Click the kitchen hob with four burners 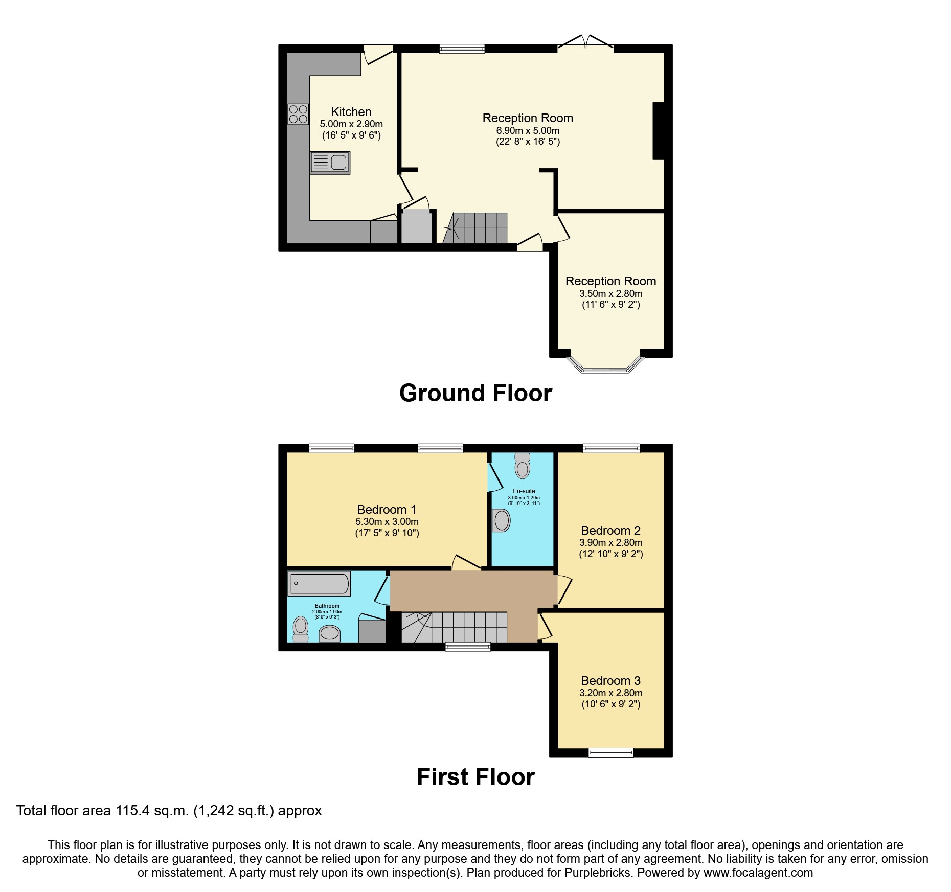point(298,114)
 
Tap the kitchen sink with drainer point(330,163)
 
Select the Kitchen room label point(351,112)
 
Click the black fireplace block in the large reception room point(658,131)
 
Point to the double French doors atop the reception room point(585,43)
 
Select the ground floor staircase point(475,228)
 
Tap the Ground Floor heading point(475,393)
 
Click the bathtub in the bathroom point(319,583)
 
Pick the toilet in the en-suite point(522,466)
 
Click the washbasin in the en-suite point(501,521)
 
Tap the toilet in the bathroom point(301,628)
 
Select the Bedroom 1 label point(387,510)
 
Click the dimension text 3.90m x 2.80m point(610,542)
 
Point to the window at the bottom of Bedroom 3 point(610,752)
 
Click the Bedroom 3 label point(610,680)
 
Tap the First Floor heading point(475,777)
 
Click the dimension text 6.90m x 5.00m point(528,131)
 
